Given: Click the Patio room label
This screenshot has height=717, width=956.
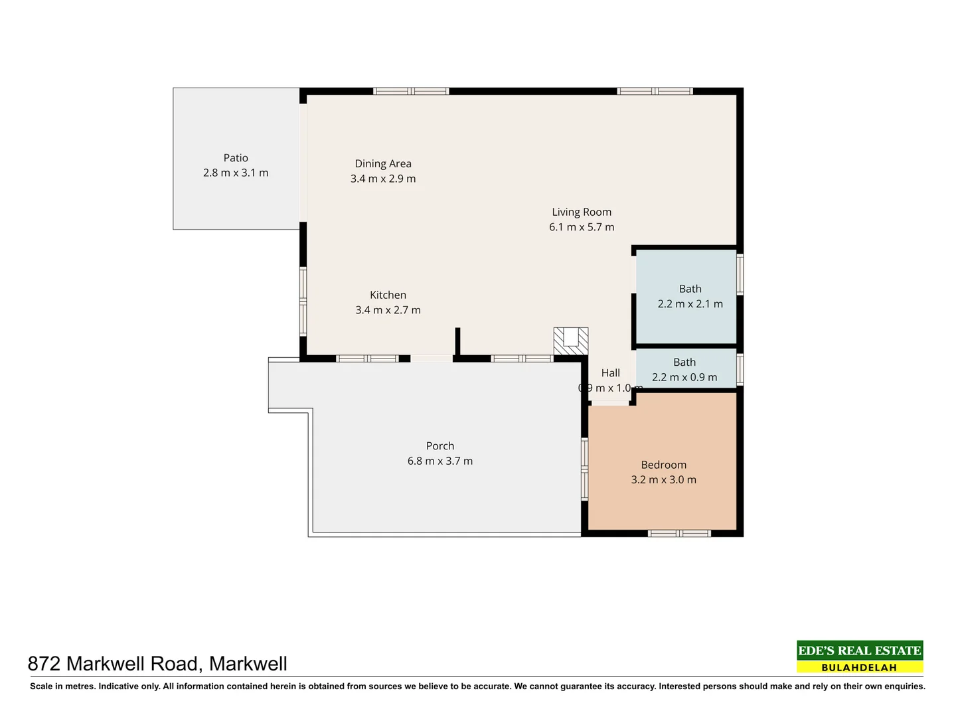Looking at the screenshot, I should coord(236,158).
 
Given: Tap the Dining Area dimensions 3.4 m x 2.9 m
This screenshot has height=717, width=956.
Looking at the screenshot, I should coord(383,179).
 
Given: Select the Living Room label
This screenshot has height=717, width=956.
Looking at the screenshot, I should coord(582,212).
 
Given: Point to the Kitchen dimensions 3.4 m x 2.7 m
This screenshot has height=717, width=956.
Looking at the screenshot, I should coord(388,310).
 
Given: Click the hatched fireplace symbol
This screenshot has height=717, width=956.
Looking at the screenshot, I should coord(571,340).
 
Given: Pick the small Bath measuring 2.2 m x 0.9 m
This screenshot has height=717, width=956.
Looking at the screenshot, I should coord(685,370).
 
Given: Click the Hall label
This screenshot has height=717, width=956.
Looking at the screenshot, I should coord(610,373).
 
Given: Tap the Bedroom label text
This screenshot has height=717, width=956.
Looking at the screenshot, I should coord(663,465).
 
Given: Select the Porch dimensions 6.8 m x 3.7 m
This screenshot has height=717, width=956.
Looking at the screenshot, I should coord(440,461).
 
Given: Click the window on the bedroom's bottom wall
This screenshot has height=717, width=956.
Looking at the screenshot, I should coord(679,533).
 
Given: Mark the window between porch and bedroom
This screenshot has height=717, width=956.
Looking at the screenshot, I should coord(585,469).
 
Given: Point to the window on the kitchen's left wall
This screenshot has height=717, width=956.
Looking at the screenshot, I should coord(303,302).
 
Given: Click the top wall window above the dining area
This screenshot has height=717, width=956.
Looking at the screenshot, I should coord(411,92).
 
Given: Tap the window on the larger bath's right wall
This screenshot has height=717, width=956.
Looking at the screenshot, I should coord(740,274).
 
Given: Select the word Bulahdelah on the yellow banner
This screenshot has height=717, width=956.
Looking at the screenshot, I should coord(859,667).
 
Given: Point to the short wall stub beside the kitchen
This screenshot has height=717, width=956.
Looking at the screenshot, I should coord(457,342).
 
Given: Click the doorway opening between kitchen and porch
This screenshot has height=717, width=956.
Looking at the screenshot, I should coord(431,358).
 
